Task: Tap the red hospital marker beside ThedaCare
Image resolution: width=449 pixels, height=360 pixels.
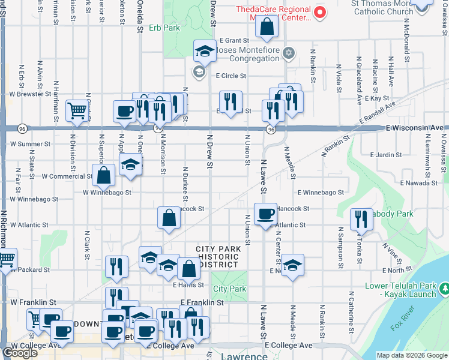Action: pos(320,11)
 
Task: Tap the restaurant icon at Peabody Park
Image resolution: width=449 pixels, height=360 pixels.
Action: pos(361,218)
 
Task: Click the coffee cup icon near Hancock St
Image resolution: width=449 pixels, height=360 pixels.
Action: pos(265,214)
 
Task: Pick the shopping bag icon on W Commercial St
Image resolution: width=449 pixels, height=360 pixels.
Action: pos(104,175)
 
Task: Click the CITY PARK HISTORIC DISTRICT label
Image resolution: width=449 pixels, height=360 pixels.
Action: pos(217,257)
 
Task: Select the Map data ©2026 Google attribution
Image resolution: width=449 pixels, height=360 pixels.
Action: pos(412,355)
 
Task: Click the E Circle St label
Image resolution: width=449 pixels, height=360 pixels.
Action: pos(231,76)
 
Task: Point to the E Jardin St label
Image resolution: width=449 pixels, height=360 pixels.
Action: pos(386,155)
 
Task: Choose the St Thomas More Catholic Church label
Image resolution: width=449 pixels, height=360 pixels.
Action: pos(382,7)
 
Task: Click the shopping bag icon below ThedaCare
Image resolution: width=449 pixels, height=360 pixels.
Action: pos(267,26)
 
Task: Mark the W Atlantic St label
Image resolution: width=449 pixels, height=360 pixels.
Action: pos(29,225)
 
